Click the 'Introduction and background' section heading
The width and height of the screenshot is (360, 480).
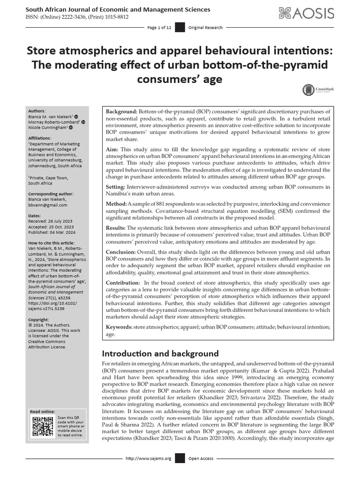coord(160,353)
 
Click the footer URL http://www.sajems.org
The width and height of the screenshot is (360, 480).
coord(149,458)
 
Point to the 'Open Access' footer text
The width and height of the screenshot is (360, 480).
coord(201,458)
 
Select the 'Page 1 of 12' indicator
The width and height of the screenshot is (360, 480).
coord(159,28)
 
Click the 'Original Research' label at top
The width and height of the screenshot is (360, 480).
coord(205,28)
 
